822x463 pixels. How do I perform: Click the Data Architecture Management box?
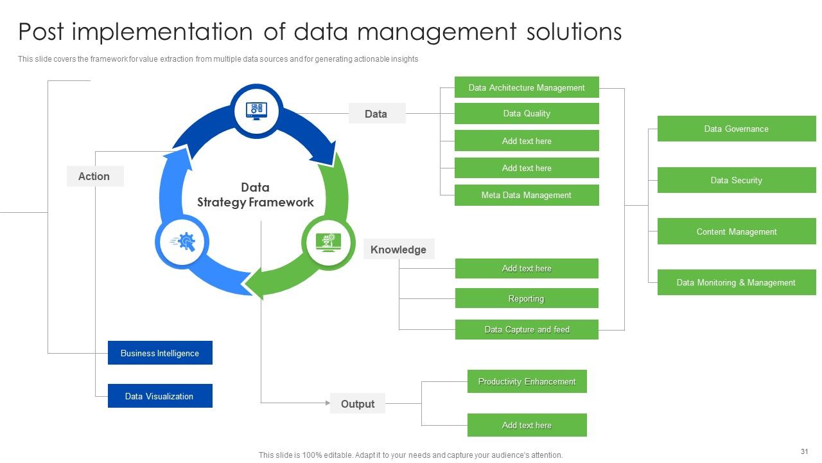(527, 87)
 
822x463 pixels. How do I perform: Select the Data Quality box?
(527, 114)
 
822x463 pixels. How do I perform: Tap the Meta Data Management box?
(527, 195)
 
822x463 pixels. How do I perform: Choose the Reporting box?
(527, 298)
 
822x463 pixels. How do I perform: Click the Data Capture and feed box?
(527, 329)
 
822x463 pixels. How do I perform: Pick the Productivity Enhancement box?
(527, 381)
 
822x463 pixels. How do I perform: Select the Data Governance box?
(736, 129)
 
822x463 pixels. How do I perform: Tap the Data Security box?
(736, 180)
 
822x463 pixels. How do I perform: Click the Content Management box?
(736, 232)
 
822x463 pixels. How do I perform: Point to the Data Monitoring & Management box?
(736, 282)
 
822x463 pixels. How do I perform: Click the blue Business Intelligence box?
(160, 353)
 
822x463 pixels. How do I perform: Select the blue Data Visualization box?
(160, 396)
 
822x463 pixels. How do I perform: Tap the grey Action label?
(94, 176)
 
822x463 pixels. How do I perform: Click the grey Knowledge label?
(398, 250)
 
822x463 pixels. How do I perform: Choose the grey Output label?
(358, 404)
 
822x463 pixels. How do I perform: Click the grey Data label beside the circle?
(376, 114)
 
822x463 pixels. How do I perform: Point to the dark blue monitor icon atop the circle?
(256, 111)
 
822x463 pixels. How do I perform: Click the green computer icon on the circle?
(328, 242)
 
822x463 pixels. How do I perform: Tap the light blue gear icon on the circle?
(183, 242)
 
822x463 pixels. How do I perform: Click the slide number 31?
(804, 451)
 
